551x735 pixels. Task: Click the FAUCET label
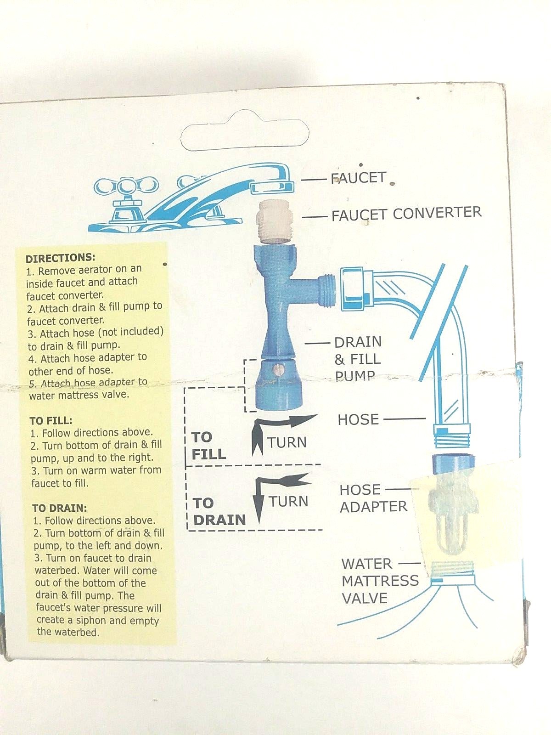coord(358,178)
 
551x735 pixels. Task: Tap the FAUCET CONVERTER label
coord(406,214)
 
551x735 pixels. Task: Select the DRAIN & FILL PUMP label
coord(358,359)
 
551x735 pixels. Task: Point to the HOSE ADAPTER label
coord(373,498)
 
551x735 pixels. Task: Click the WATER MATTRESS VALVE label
coord(380,581)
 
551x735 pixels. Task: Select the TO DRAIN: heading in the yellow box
coord(59,508)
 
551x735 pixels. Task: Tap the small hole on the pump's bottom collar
coord(276,370)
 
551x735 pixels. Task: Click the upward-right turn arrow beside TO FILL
coord(280,432)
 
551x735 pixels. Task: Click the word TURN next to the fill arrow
coord(287,443)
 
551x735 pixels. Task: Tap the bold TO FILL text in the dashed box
coord(208,446)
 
